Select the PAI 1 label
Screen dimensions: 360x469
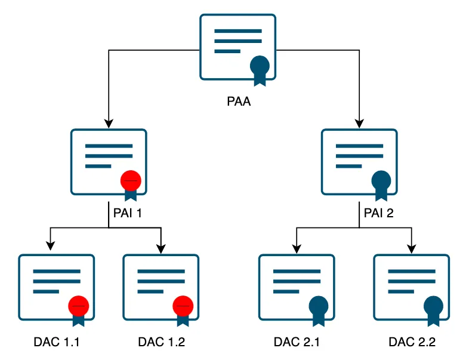pos(126,211)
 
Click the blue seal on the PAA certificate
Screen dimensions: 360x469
pos(260,65)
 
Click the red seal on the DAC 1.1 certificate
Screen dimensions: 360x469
pos(79,306)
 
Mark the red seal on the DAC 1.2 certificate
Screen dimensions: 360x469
pos(183,306)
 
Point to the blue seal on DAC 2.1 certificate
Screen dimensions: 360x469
pos(319,306)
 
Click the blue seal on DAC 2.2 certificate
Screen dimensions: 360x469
pos(433,306)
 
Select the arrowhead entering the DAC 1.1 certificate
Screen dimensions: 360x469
pos(51,245)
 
